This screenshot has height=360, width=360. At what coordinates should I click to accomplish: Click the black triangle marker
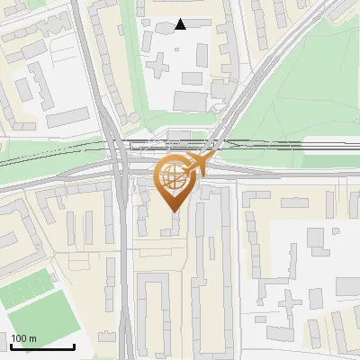[181, 24]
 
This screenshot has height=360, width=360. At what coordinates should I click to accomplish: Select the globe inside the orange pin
[173, 176]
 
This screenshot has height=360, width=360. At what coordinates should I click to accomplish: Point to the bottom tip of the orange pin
[173, 211]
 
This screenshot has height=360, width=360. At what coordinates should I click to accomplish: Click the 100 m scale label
[24, 338]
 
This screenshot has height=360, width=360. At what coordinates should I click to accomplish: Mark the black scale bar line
[42, 346]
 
